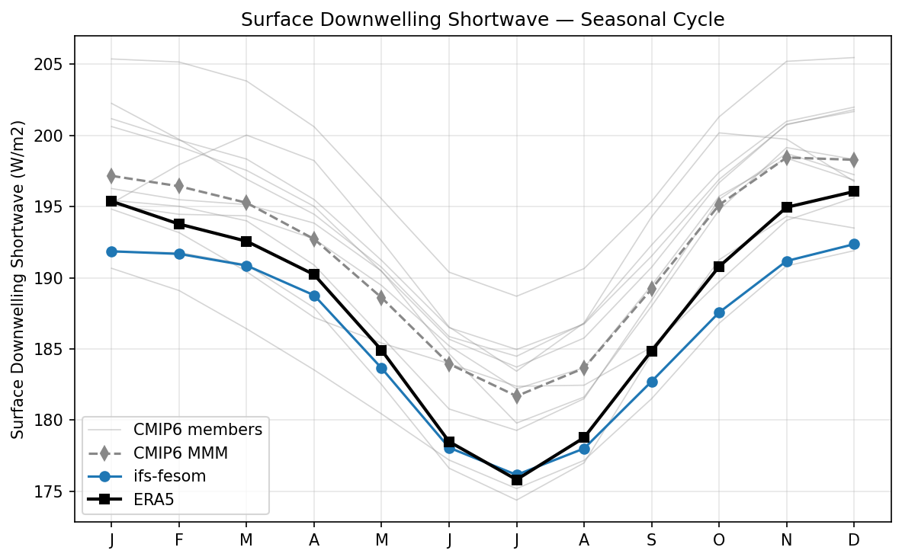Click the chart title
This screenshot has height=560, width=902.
coord(483,21)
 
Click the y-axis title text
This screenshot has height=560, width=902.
coord(18,279)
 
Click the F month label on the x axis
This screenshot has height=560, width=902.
coord(178,539)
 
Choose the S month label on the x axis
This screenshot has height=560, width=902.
coord(652,539)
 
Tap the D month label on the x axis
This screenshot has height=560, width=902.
coord(854,539)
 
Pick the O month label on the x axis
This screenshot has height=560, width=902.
coord(719,539)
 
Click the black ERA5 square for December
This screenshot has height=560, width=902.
coord(854,191)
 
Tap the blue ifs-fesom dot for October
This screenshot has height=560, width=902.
coord(719,312)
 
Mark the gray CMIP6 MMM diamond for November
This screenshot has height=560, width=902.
coord(786,158)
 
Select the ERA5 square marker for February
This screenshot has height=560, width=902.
coord(178,224)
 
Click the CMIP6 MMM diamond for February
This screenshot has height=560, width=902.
coord(178,186)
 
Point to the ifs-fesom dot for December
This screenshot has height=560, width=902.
coord(854,244)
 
